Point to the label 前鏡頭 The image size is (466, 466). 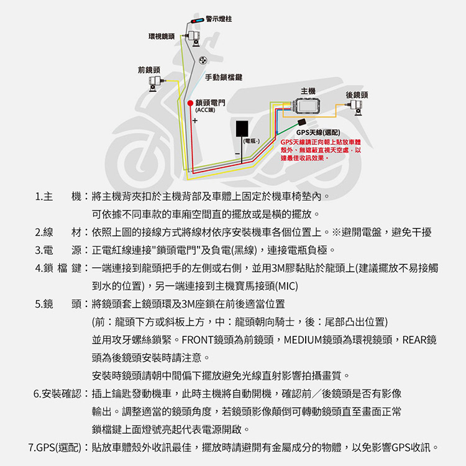pos(148,69)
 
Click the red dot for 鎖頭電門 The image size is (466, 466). pos(190,103)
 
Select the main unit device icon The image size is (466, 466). pos(304,108)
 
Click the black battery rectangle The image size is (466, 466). pos(243,129)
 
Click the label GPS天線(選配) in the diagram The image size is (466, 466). pos(317,133)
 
